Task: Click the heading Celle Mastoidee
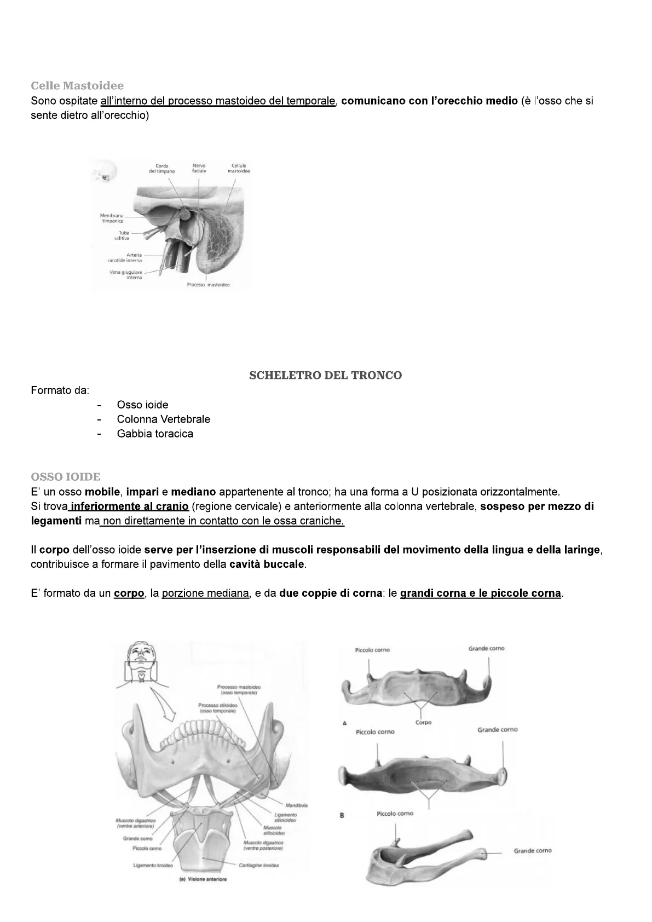[x=77, y=85]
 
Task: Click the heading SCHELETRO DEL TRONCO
[x=325, y=375]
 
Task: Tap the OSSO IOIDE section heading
[x=66, y=477]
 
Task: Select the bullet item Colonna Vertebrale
[x=163, y=419]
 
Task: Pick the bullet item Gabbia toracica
[x=154, y=434]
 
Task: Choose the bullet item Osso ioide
[x=142, y=405]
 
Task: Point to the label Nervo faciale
[x=199, y=168]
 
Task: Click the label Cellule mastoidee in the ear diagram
[x=239, y=168]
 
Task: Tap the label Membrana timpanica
[x=112, y=218]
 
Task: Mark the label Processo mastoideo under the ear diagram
[x=208, y=285]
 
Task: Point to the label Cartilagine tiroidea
[x=259, y=866]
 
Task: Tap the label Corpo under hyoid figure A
[x=424, y=722]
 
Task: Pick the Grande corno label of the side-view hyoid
[x=533, y=851]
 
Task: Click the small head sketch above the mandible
[x=142, y=660]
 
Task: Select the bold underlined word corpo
[x=129, y=593]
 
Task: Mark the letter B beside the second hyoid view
[x=342, y=815]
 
